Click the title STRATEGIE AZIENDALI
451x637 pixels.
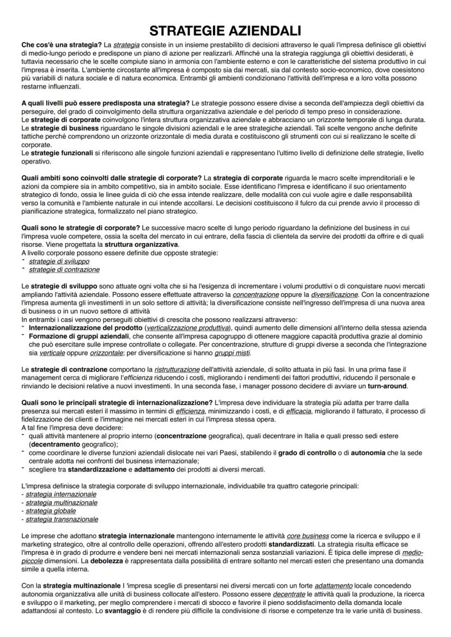(x=225, y=30)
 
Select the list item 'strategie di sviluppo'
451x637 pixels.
(x=59, y=261)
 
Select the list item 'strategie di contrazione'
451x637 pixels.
(x=64, y=269)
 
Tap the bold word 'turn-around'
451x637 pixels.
(x=387, y=386)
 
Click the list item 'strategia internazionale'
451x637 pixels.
(x=61, y=494)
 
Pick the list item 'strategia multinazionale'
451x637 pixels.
(x=62, y=503)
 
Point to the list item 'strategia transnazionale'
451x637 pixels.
(x=62, y=520)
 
